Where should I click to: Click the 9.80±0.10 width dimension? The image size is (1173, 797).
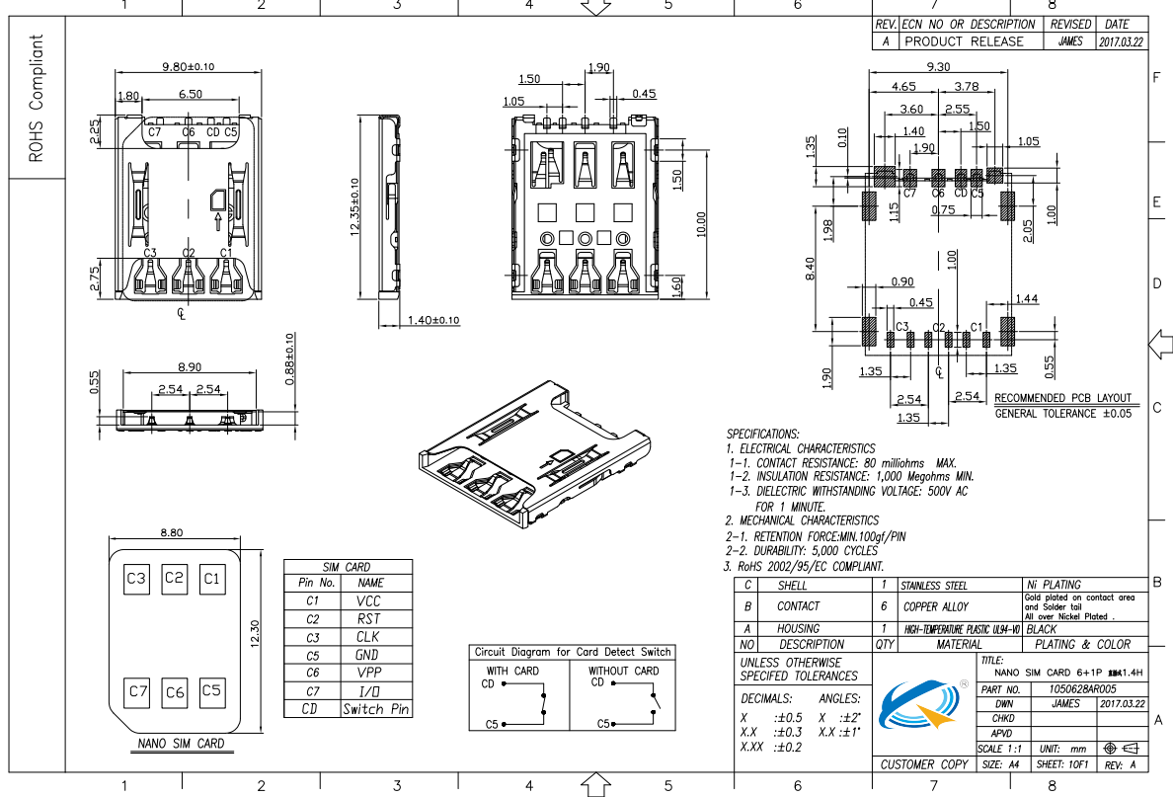(188, 66)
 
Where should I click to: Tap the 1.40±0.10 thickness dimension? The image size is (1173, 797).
(433, 321)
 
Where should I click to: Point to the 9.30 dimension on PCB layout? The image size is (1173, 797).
(938, 66)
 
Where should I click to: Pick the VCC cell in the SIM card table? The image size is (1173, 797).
(368, 600)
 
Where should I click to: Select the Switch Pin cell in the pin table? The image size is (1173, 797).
(375, 709)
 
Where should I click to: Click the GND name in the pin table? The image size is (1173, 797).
(366, 655)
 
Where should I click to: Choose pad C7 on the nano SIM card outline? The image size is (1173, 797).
(136, 692)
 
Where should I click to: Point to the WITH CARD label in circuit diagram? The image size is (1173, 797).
(512, 671)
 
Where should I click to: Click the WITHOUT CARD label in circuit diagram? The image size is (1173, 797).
(623, 671)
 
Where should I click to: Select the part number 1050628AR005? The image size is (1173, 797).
(1082, 689)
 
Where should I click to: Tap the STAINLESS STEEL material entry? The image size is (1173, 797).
(934, 586)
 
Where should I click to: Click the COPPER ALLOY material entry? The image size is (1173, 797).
(934, 606)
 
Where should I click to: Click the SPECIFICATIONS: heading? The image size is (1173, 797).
(763, 434)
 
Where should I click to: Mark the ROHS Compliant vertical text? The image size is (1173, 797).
(37, 99)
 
